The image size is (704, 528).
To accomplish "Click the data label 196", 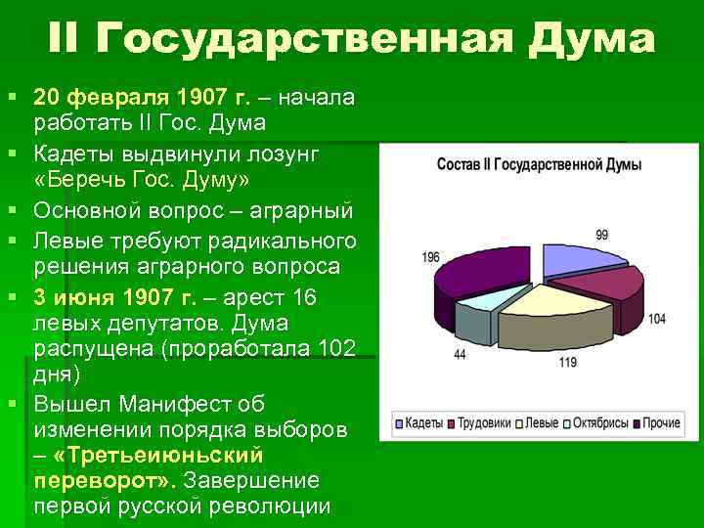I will pyautogui.click(x=431, y=257).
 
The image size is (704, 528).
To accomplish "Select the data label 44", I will pyautogui.click(x=460, y=354).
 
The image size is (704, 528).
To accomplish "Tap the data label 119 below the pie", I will pyautogui.click(x=567, y=363).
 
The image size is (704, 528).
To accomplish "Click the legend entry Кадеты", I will pyautogui.click(x=420, y=423).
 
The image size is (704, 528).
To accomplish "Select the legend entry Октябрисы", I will pyautogui.click(x=595, y=423).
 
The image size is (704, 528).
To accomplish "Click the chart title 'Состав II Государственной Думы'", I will pyautogui.click(x=538, y=164).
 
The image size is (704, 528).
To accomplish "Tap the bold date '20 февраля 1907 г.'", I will pyautogui.click(x=143, y=99).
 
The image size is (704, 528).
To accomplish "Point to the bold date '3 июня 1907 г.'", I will pyautogui.click(x=115, y=297).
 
